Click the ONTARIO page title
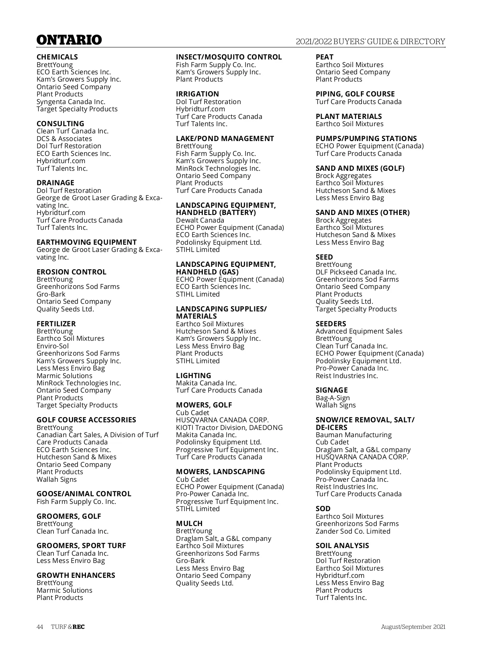point(69,40)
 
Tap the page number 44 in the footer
point(40,627)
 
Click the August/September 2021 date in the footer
point(413,627)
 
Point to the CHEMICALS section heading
point(57,57)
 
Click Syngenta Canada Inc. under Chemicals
point(71,102)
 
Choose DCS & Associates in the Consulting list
point(64,139)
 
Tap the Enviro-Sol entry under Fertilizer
point(53,346)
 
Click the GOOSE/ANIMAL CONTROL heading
point(84,494)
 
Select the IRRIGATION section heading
point(198,94)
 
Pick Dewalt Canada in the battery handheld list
point(200,220)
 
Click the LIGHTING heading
point(194,376)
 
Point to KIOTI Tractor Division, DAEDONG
point(229,428)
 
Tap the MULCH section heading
point(189,524)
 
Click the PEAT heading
point(325,57)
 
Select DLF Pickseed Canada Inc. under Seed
point(356,272)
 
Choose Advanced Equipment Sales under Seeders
point(359,331)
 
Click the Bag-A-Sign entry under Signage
point(333,398)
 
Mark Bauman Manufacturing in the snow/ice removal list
point(353,435)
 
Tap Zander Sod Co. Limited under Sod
point(353,531)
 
